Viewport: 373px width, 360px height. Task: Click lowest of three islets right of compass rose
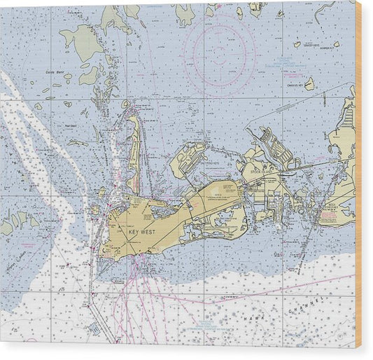(x=309, y=84)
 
